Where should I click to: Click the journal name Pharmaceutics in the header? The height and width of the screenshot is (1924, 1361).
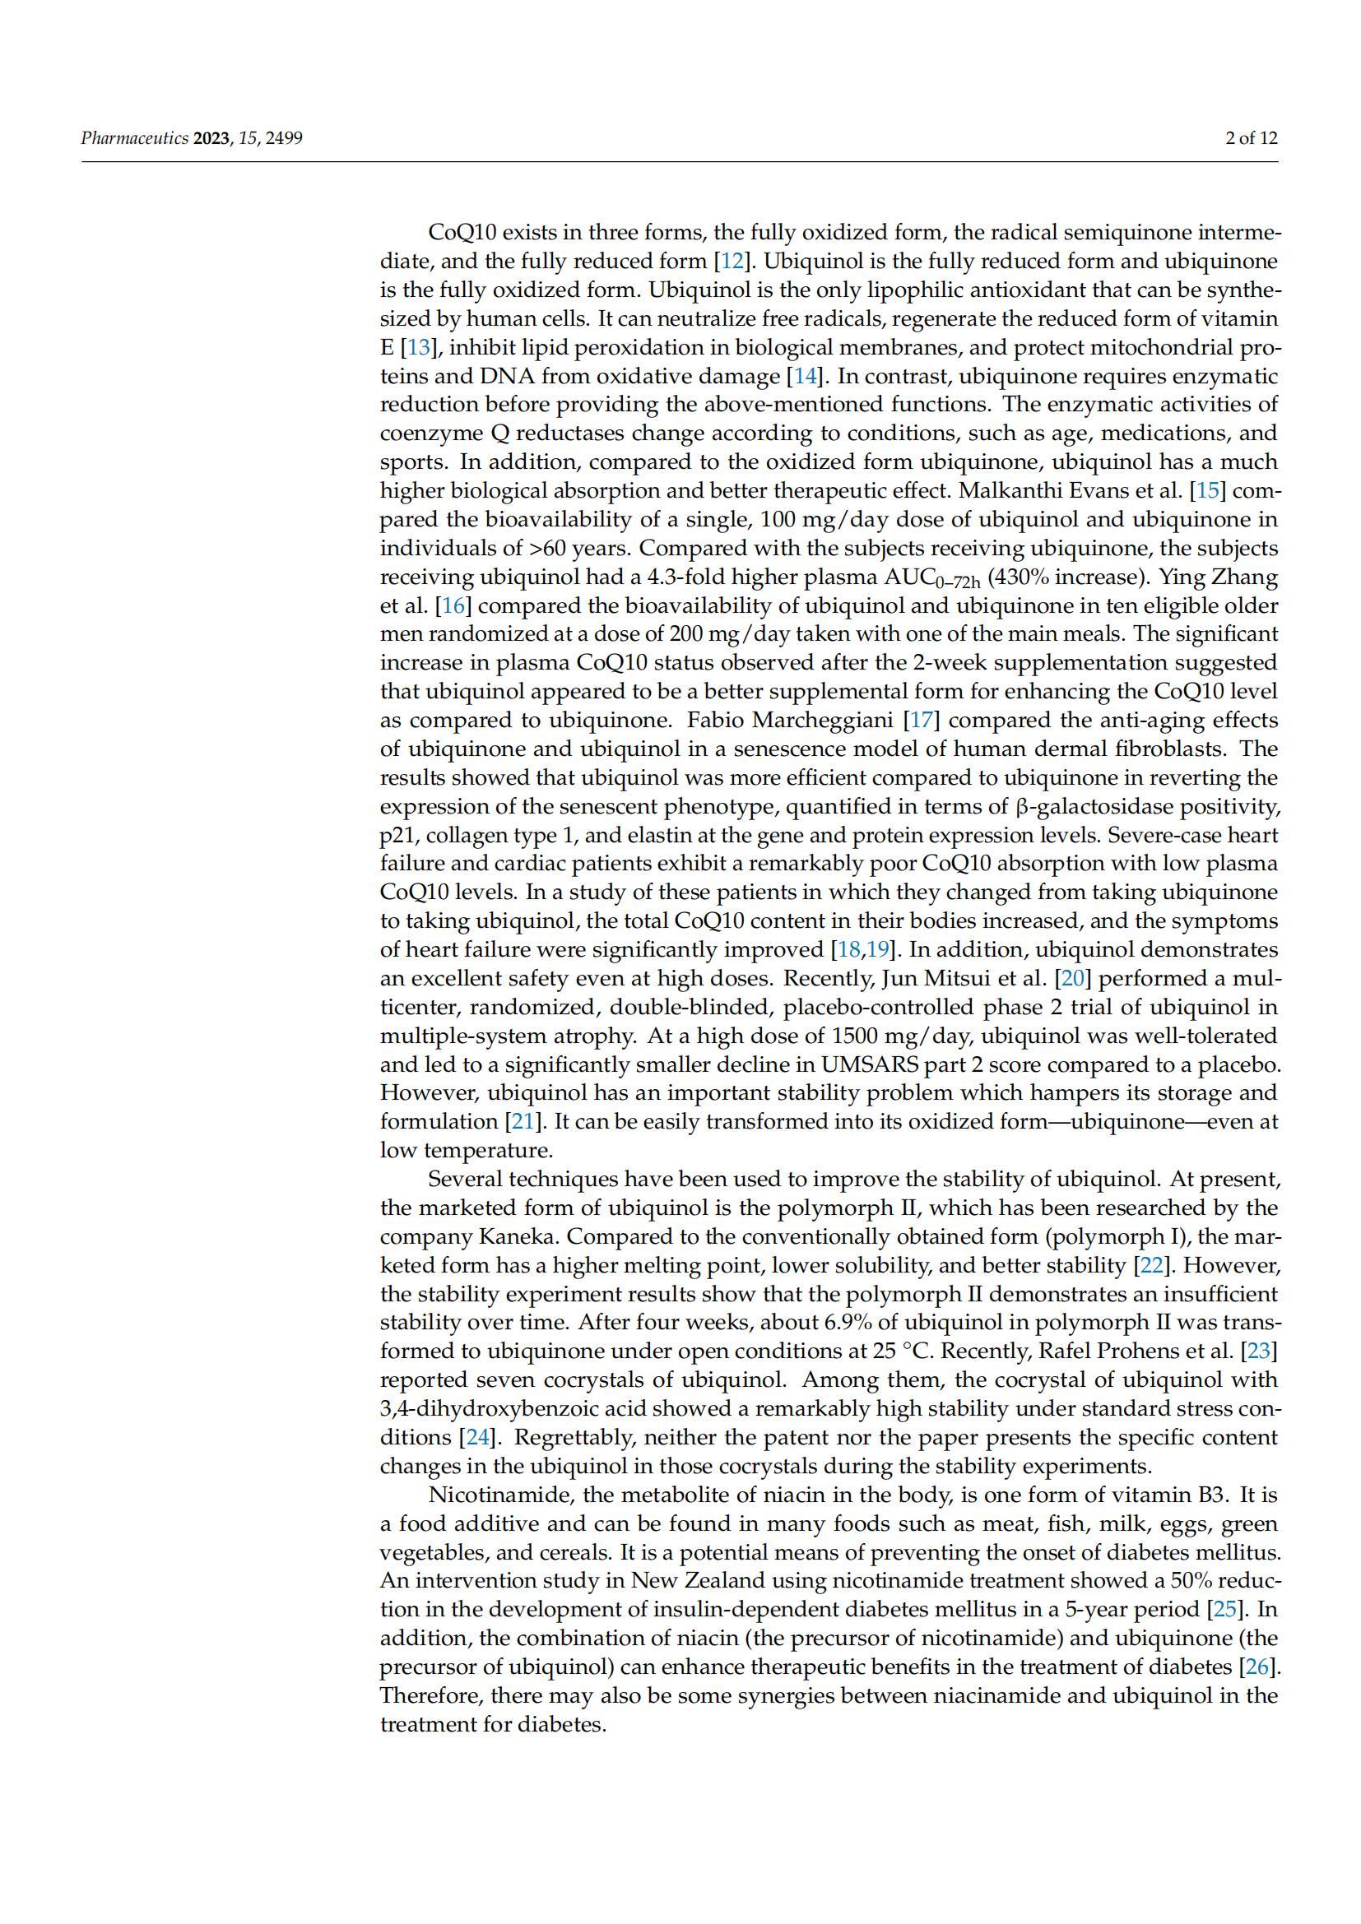point(134,138)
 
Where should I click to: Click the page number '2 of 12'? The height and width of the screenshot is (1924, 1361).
point(1252,138)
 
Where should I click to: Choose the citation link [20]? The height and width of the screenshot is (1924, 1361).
point(1072,978)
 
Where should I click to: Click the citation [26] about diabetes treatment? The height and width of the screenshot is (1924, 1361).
point(1259,1667)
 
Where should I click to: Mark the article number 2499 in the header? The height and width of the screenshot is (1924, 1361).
point(285,138)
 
